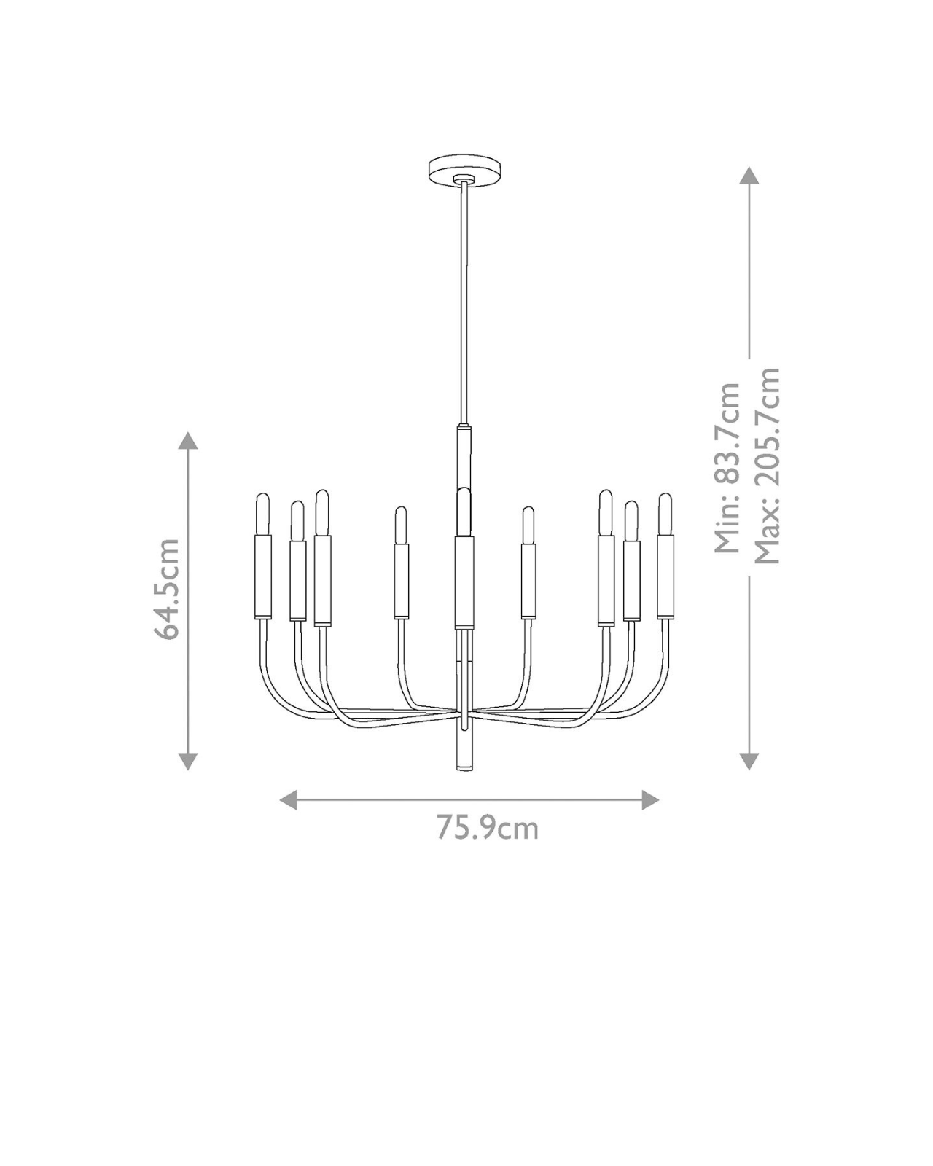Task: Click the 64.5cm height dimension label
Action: point(166,588)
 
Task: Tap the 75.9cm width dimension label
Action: point(488,829)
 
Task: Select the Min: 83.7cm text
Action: point(727,468)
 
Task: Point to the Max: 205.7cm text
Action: point(767,466)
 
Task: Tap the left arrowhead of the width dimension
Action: point(288,799)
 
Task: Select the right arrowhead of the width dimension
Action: point(650,799)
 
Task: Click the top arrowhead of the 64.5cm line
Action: point(188,441)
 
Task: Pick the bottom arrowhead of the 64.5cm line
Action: point(188,762)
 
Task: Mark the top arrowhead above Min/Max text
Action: point(749,176)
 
